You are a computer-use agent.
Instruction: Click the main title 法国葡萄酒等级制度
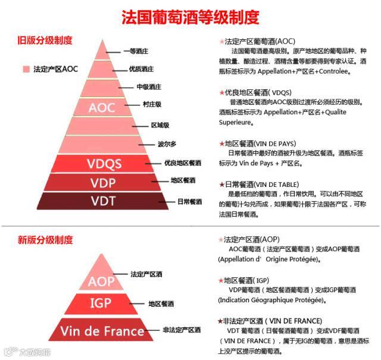(x=190, y=17)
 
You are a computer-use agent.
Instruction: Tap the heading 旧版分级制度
(x=45, y=40)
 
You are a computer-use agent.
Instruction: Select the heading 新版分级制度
(x=45, y=240)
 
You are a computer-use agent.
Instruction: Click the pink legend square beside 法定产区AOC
(x=26, y=69)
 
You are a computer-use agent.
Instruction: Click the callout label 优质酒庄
(x=141, y=69)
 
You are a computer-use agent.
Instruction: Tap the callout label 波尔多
(x=167, y=143)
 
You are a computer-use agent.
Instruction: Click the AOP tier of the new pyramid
(x=101, y=280)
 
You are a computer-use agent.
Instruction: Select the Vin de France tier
(x=101, y=330)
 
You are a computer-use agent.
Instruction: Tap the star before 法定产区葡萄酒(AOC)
(x=222, y=42)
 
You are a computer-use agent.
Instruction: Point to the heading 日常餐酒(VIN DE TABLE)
(x=262, y=184)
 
